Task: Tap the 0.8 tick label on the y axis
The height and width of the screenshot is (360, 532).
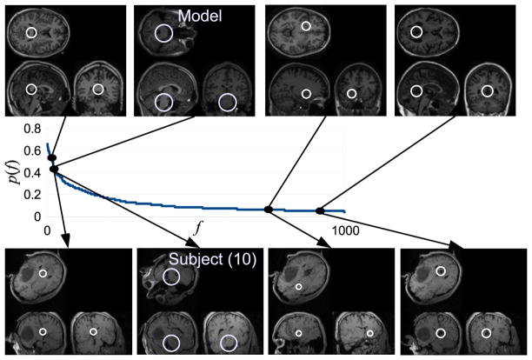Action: coord(31,127)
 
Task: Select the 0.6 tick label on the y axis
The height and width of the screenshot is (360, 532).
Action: coord(31,150)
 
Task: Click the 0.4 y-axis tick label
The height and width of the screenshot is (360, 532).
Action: coord(31,172)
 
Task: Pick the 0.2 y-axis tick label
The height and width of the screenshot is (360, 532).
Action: coord(31,195)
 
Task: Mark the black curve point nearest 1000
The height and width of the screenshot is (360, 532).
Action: coord(319,210)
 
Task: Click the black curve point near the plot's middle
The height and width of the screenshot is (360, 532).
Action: coord(269,210)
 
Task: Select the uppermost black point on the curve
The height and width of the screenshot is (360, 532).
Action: coord(51,158)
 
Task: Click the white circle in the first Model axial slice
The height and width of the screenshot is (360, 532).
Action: coord(31,33)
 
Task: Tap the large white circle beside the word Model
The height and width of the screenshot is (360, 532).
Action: coord(163,34)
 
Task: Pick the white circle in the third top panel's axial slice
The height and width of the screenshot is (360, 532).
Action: coord(305,27)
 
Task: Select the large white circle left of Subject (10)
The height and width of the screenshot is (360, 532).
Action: coord(172,277)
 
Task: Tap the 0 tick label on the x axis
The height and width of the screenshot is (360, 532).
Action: coord(49,231)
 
